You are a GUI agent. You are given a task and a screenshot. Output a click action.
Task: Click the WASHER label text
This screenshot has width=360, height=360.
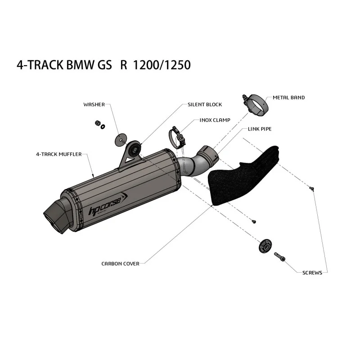click(x=94, y=105)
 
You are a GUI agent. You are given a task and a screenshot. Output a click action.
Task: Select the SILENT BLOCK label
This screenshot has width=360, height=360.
click(x=205, y=105)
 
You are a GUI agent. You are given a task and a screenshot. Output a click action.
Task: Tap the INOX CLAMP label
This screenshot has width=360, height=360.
click(x=215, y=120)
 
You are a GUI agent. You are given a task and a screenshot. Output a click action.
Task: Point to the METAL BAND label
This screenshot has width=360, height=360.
click(x=288, y=98)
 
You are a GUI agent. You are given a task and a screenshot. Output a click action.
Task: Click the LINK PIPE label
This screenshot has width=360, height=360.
click(x=260, y=129)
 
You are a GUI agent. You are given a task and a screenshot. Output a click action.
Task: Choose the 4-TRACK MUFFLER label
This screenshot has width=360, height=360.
click(x=59, y=154)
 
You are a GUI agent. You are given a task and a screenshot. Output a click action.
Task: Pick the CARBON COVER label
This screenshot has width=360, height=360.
click(x=120, y=264)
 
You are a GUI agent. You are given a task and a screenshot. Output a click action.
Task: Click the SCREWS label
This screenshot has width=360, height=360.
click(x=312, y=273)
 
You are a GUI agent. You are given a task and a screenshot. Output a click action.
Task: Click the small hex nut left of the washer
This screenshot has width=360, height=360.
click(x=97, y=123)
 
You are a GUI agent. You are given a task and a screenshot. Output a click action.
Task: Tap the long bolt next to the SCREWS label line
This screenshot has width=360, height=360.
click(x=279, y=256)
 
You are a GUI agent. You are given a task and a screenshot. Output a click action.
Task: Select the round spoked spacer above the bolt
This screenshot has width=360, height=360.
click(x=265, y=247)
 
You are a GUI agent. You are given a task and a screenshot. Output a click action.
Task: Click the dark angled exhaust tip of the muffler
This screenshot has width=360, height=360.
click(x=58, y=216)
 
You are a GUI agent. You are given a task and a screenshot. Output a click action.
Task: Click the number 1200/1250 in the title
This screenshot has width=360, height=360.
click(x=162, y=65)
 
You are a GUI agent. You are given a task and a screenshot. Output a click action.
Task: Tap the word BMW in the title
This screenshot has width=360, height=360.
click(x=80, y=65)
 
